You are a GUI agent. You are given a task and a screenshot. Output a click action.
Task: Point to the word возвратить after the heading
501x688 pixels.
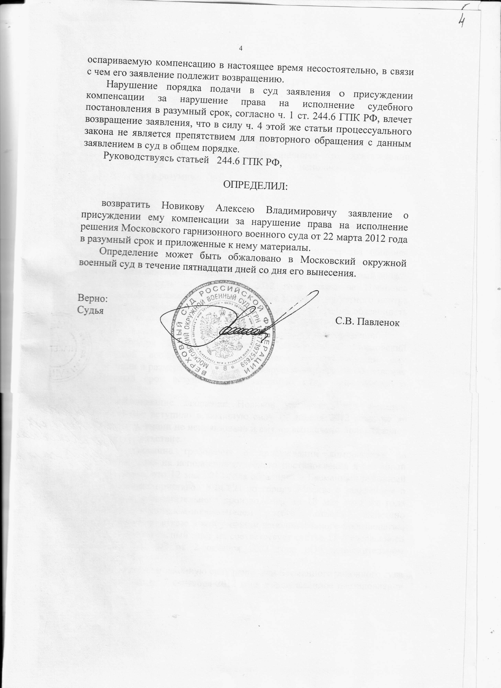tap(126, 204)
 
